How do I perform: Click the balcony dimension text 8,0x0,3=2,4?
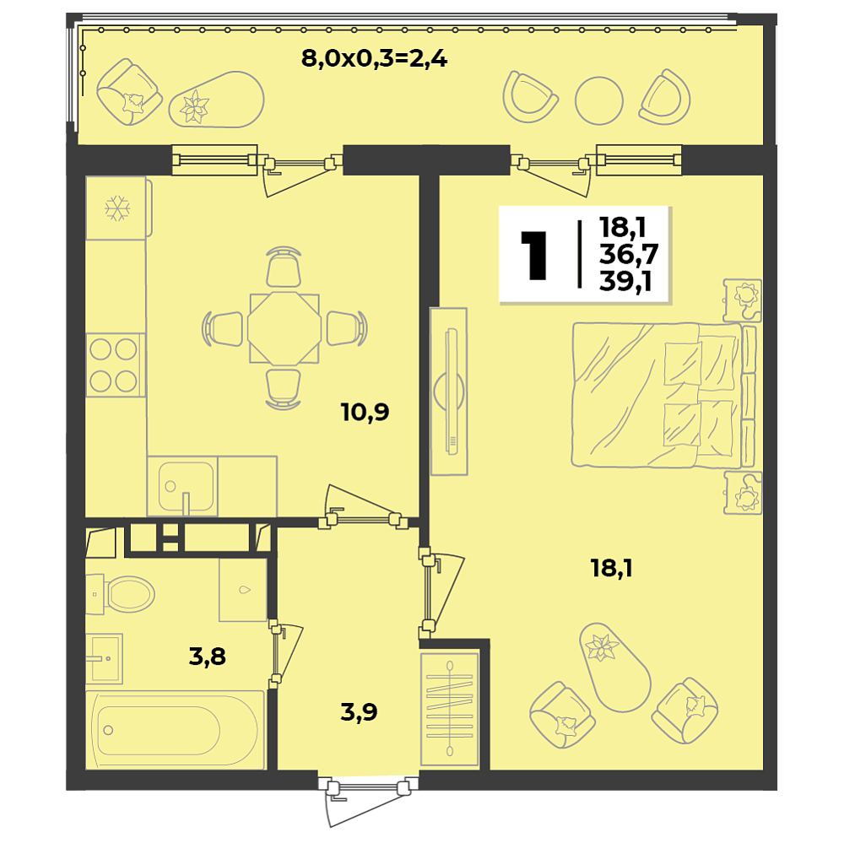[x=374, y=58]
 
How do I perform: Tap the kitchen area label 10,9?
[x=365, y=413]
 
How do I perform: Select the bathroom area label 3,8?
[x=208, y=657]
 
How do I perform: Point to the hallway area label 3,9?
[x=359, y=712]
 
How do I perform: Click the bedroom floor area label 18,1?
[x=611, y=569]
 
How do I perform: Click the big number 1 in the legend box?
[x=534, y=256]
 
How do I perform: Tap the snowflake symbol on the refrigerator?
[x=116, y=208]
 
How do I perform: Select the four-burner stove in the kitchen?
[x=116, y=365]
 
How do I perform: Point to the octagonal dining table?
[x=284, y=328]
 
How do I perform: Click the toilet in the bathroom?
[x=121, y=594]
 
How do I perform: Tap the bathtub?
[x=176, y=730]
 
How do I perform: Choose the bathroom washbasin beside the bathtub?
[x=104, y=658]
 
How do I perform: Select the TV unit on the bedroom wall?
[x=449, y=392]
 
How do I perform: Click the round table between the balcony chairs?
[x=598, y=100]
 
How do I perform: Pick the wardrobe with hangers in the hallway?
[x=450, y=710]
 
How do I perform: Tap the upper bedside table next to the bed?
[x=743, y=300]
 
